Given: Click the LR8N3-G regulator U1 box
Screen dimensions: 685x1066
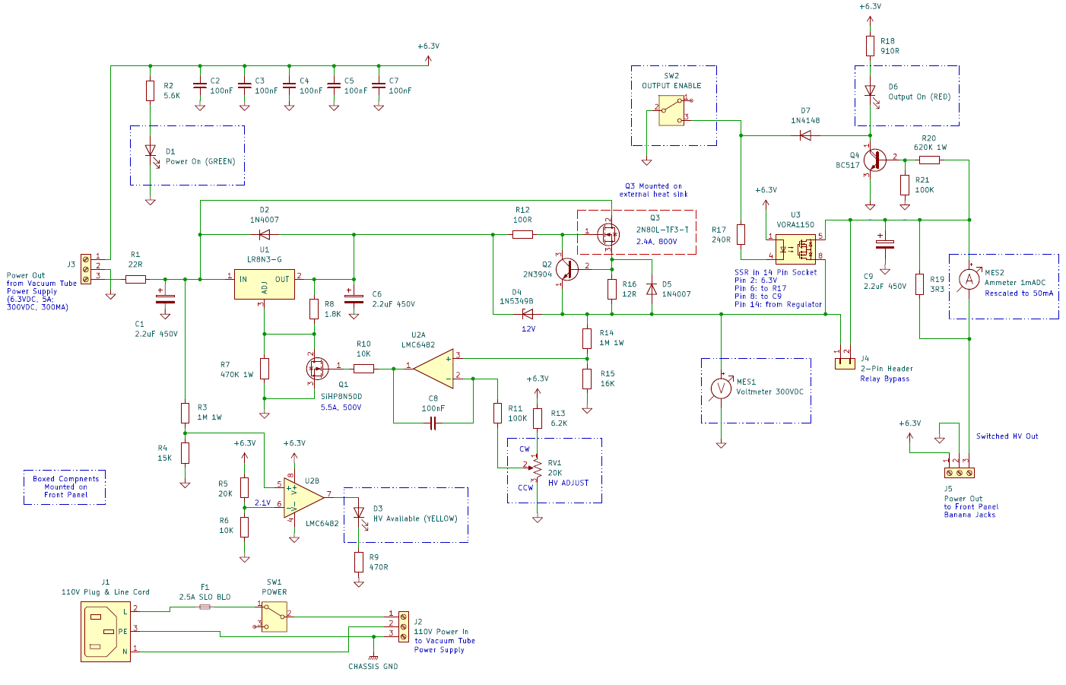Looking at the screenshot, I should point(264,284).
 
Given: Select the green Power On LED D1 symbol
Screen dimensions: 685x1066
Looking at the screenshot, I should point(150,151).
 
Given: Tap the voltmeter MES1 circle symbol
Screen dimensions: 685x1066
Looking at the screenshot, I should point(720,388).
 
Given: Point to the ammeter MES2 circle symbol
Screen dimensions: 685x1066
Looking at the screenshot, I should point(969,280).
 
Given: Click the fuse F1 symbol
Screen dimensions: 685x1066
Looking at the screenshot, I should point(205,607).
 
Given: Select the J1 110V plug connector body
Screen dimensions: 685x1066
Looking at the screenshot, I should point(106,631).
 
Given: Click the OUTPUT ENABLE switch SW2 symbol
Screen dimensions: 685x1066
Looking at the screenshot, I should point(671,111).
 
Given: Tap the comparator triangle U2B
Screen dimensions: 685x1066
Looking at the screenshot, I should point(303,499).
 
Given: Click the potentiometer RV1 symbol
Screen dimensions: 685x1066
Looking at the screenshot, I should point(537,469).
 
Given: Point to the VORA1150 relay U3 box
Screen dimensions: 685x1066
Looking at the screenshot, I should point(795,247).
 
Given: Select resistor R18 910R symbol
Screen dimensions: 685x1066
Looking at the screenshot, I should point(870,46).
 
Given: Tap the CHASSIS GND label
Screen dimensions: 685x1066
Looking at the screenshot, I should point(373,667).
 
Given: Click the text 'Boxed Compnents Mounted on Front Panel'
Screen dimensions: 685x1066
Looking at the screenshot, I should point(65,487).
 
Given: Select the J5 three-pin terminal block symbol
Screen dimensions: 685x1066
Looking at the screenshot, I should point(959,473).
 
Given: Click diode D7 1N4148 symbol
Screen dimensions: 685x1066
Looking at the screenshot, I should point(805,135).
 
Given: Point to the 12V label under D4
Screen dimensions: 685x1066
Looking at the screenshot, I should point(528,329).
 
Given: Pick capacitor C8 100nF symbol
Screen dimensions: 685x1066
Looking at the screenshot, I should point(433,423).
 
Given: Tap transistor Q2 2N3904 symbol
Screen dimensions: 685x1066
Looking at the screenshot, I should point(566,268).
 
